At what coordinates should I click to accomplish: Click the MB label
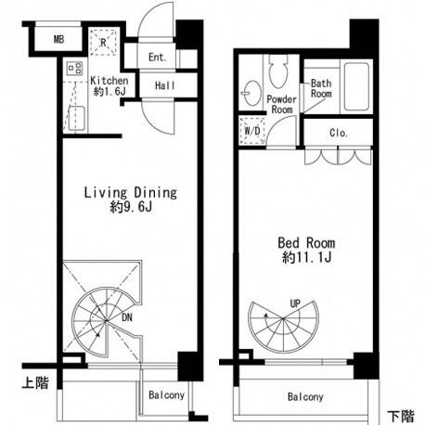59,39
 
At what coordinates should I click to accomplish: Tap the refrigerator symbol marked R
104,43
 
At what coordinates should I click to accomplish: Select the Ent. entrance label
158,57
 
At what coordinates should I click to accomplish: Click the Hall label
165,85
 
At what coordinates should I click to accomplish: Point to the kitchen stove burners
75,68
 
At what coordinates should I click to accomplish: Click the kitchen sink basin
76,118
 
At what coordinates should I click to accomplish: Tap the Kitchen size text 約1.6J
109,92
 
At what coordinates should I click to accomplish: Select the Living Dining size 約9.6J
131,207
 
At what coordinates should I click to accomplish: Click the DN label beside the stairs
127,317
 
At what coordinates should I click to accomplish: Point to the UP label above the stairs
295,303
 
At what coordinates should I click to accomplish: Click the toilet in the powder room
278,72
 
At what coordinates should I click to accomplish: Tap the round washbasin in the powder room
252,93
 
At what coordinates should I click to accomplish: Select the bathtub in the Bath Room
356,86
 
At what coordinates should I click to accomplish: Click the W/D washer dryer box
252,131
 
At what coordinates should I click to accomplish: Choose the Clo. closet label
339,133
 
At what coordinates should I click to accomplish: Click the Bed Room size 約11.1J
306,257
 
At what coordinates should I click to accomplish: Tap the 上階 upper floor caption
35,382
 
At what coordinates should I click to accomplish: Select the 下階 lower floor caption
401,417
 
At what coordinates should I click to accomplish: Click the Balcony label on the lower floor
305,396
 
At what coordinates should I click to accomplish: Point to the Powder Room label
281,104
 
